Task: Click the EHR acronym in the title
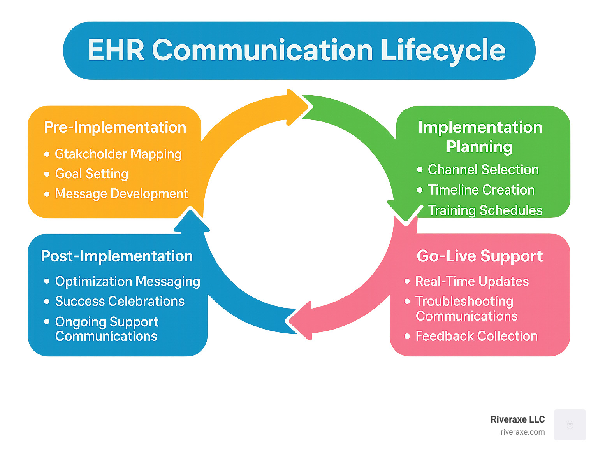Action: [x=116, y=51]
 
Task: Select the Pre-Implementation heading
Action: [x=115, y=127]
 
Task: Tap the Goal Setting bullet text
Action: [x=91, y=174]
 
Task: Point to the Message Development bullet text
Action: [x=121, y=194]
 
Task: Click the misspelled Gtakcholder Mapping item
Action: [x=118, y=154]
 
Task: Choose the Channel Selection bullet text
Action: [x=483, y=170]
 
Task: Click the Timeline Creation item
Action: [x=481, y=190]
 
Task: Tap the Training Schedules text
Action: [x=485, y=210]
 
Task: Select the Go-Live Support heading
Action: [x=480, y=256]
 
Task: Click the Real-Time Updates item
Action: [x=472, y=281]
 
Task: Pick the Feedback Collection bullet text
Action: [x=476, y=336]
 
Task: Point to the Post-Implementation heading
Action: [x=117, y=256]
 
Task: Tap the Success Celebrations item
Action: [x=120, y=301]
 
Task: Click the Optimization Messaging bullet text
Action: [x=127, y=281]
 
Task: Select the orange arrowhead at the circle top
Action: [x=298, y=107]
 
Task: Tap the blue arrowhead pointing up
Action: [x=191, y=222]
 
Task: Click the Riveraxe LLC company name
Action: [x=517, y=419]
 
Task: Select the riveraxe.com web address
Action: [x=522, y=432]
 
